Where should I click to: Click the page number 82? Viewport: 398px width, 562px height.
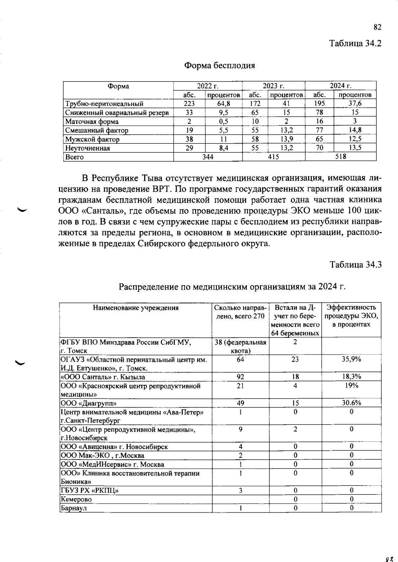point(377,27)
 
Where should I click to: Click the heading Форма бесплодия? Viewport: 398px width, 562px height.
point(220,65)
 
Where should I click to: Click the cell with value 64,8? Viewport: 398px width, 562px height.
point(224,104)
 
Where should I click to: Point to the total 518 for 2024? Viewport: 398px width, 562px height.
point(340,157)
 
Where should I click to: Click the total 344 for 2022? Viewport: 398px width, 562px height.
point(208,157)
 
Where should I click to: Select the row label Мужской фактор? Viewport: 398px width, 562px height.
point(92,139)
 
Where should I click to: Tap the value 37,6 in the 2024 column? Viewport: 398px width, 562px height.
point(355,104)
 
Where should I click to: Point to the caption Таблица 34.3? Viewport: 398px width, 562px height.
point(355,265)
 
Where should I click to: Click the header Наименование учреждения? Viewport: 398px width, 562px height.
point(136,308)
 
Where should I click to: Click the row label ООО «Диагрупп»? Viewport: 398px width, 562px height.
point(89,403)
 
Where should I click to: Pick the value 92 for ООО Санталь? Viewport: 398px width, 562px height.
point(240,377)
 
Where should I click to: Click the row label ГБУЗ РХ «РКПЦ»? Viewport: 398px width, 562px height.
point(89,490)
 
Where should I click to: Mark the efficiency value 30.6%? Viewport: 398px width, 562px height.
point(351,403)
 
